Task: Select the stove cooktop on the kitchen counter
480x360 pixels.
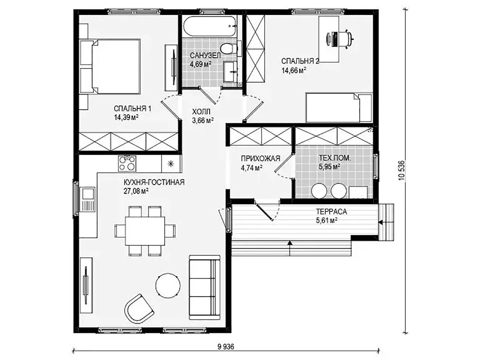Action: pyautogui.click(x=127, y=163)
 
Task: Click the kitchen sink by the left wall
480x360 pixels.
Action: pyautogui.click(x=88, y=199)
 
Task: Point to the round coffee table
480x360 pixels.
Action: pyautogui.click(x=168, y=285)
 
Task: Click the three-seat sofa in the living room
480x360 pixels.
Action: pyautogui.click(x=204, y=288)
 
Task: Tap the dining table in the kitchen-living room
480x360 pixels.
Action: pyautogui.click(x=145, y=231)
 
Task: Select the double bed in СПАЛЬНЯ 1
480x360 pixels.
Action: pyautogui.click(x=110, y=67)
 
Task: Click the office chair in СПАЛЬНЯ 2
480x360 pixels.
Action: pyautogui.click(x=346, y=39)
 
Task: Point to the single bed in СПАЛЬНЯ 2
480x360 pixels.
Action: pyautogui.click(x=339, y=108)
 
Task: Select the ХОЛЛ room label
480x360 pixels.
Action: pyautogui.click(x=201, y=112)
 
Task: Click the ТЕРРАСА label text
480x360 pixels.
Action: pyautogui.click(x=332, y=212)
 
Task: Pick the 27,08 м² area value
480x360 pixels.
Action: pyautogui.click(x=136, y=191)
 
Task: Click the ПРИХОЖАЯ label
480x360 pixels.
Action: pyautogui.click(x=260, y=158)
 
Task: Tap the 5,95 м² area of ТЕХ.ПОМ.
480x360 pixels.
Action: pyautogui.click(x=329, y=167)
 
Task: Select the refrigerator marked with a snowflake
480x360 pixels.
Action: pyautogui.click(x=171, y=163)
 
